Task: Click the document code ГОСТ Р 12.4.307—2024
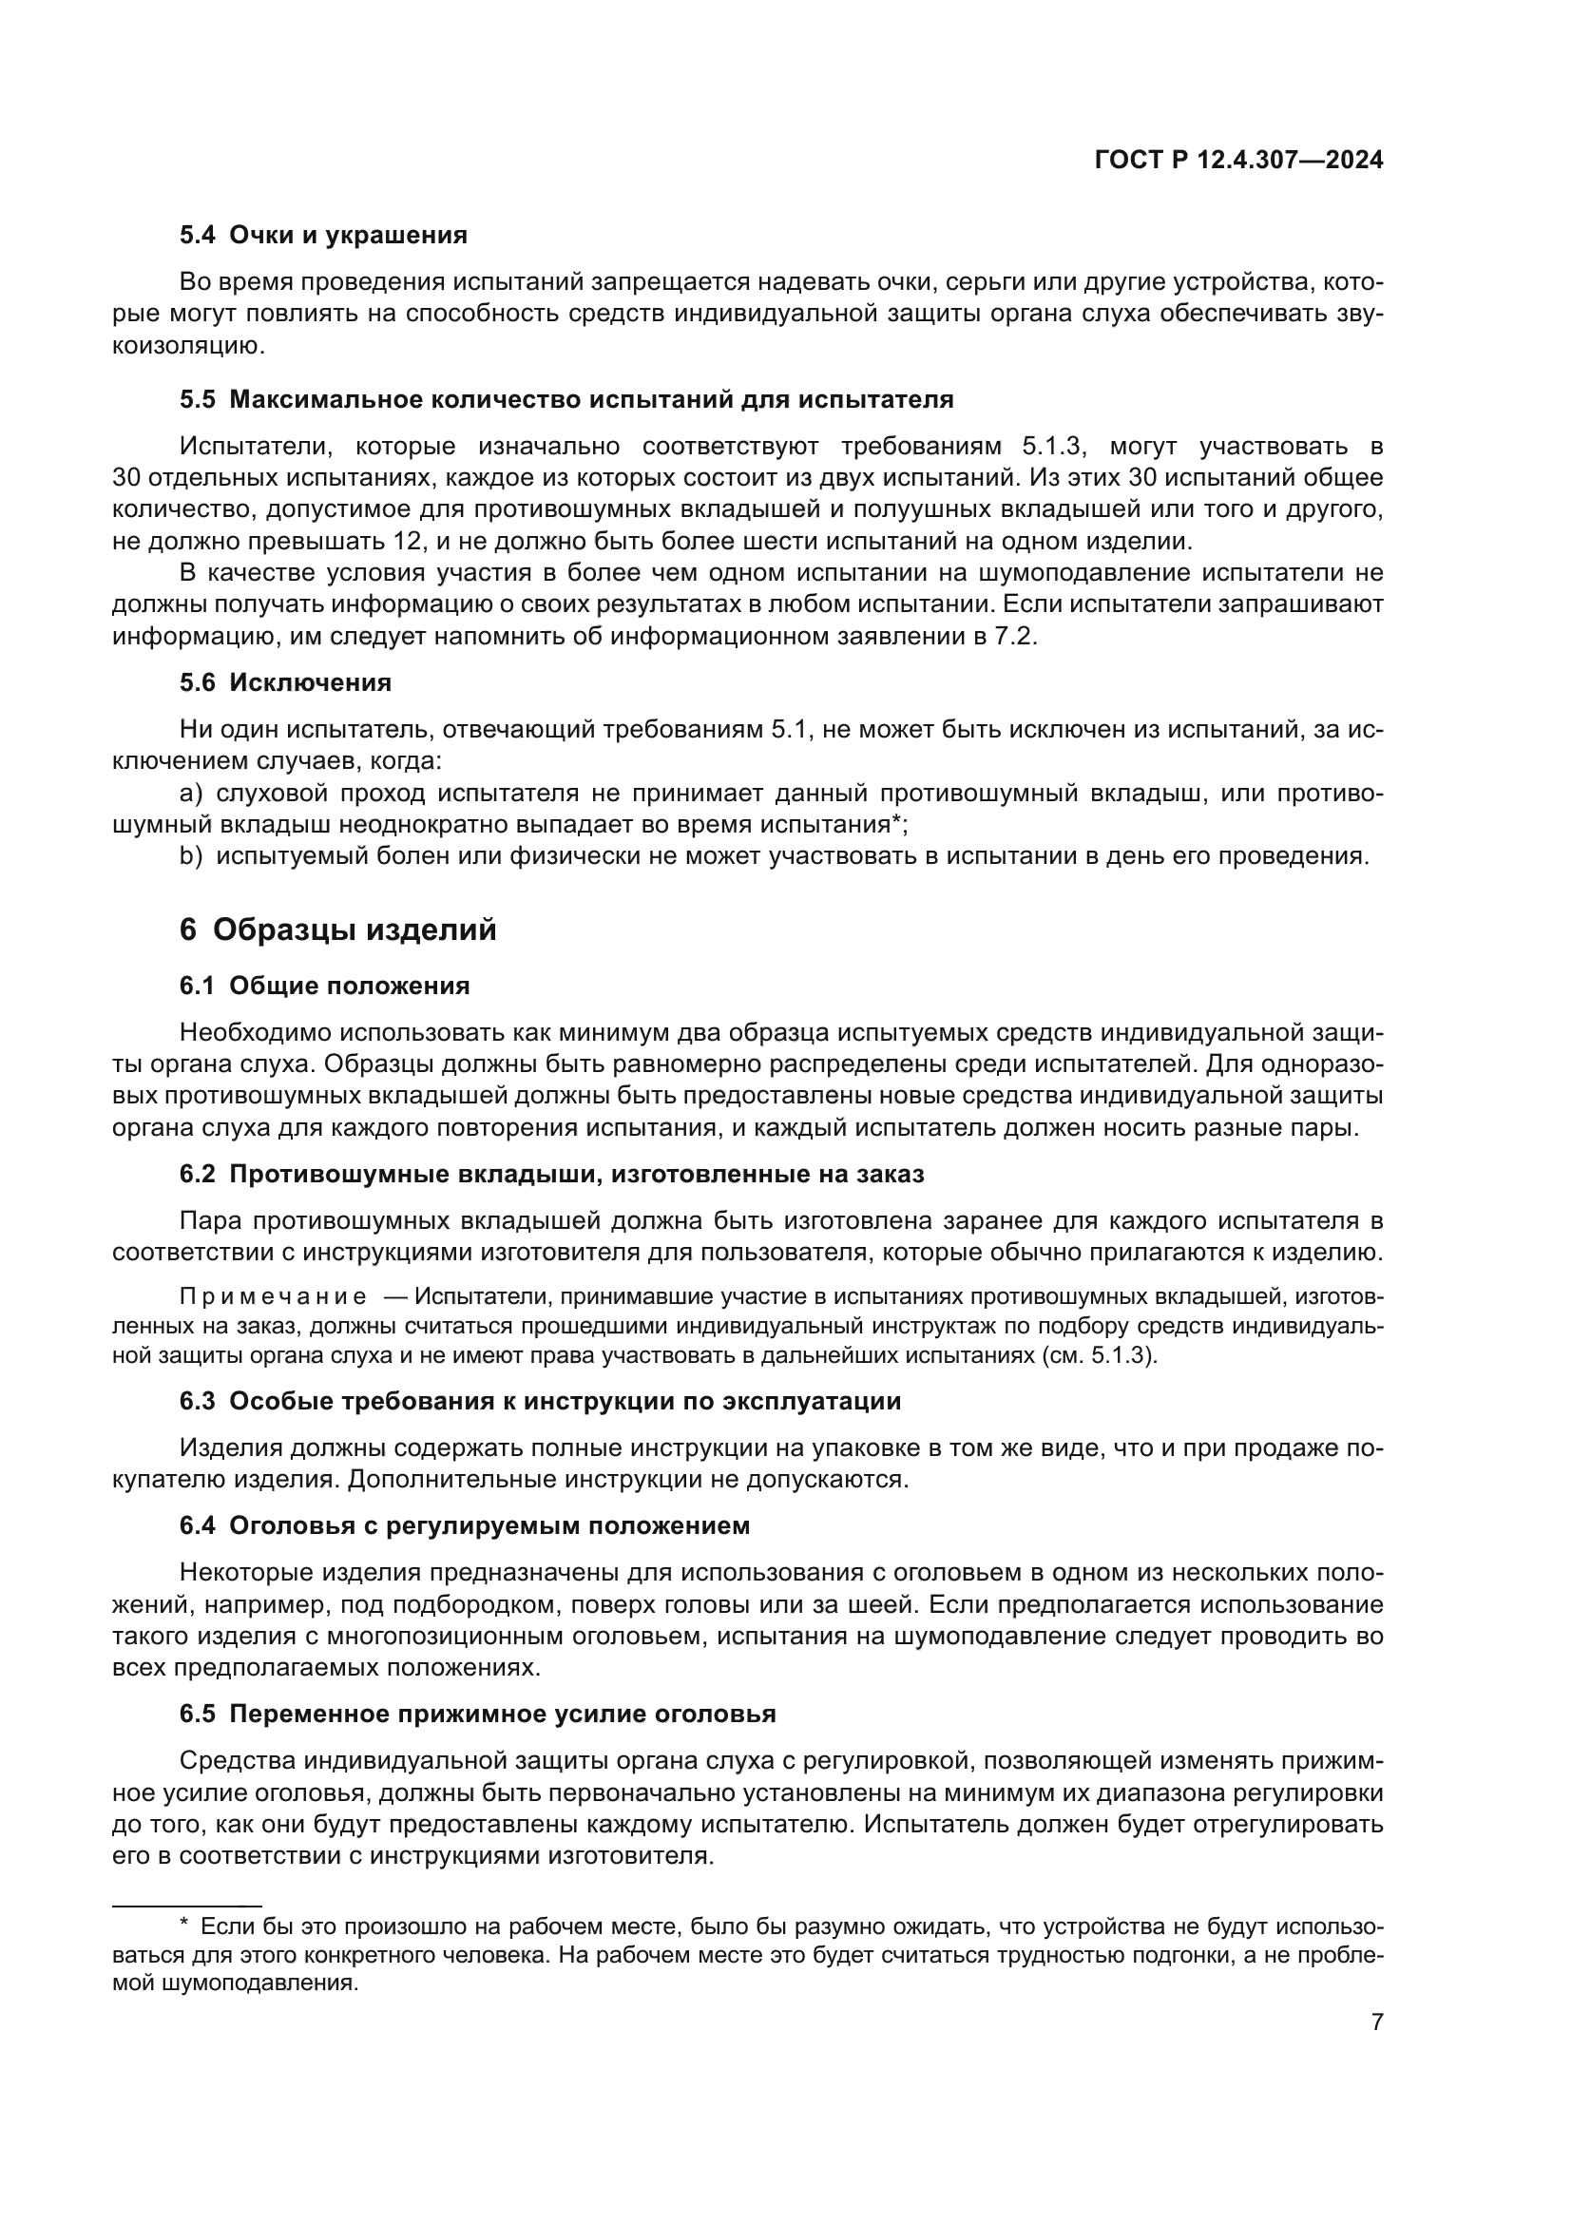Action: (x=1238, y=161)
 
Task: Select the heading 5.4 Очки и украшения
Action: (x=323, y=236)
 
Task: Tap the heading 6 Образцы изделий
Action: (x=337, y=929)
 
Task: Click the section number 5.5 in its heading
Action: (x=198, y=400)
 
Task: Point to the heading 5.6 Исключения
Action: (x=285, y=682)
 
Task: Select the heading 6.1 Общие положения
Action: (x=324, y=986)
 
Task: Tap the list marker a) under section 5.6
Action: (x=191, y=794)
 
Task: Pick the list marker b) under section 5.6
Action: (x=191, y=857)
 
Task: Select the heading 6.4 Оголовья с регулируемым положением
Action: (x=465, y=1526)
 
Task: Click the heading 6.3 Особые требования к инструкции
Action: (x=540, y=1401)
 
